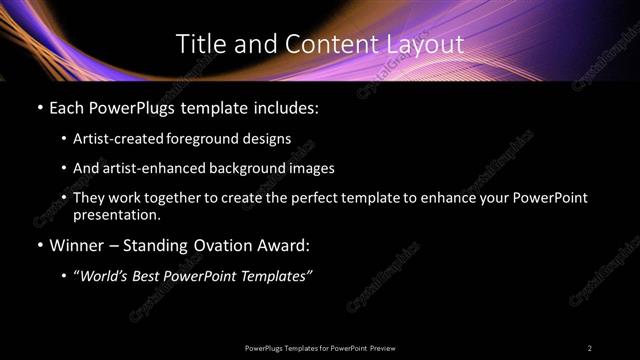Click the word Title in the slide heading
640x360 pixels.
[197, 44]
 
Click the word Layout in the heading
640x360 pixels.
[425, 44]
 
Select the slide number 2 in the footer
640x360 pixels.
[590, 347]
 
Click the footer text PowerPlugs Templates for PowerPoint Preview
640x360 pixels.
[320, 347]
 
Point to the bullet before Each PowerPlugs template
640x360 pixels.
[39, 107]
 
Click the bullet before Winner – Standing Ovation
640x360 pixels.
[39, 244]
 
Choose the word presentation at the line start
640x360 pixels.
[116, 214]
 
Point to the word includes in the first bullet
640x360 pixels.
[288, 107]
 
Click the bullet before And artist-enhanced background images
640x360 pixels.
[64, 169]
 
